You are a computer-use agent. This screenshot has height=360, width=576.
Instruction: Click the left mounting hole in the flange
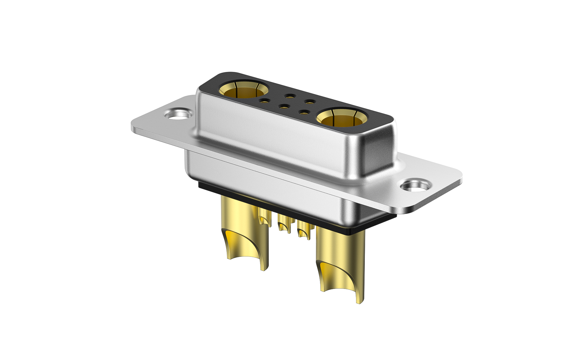178,114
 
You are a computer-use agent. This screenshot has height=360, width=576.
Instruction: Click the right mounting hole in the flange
416,186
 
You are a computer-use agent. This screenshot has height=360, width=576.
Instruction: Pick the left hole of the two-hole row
290,96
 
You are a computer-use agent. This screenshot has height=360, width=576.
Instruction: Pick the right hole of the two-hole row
310,102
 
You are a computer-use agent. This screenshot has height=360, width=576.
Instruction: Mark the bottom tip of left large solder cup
263,269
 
